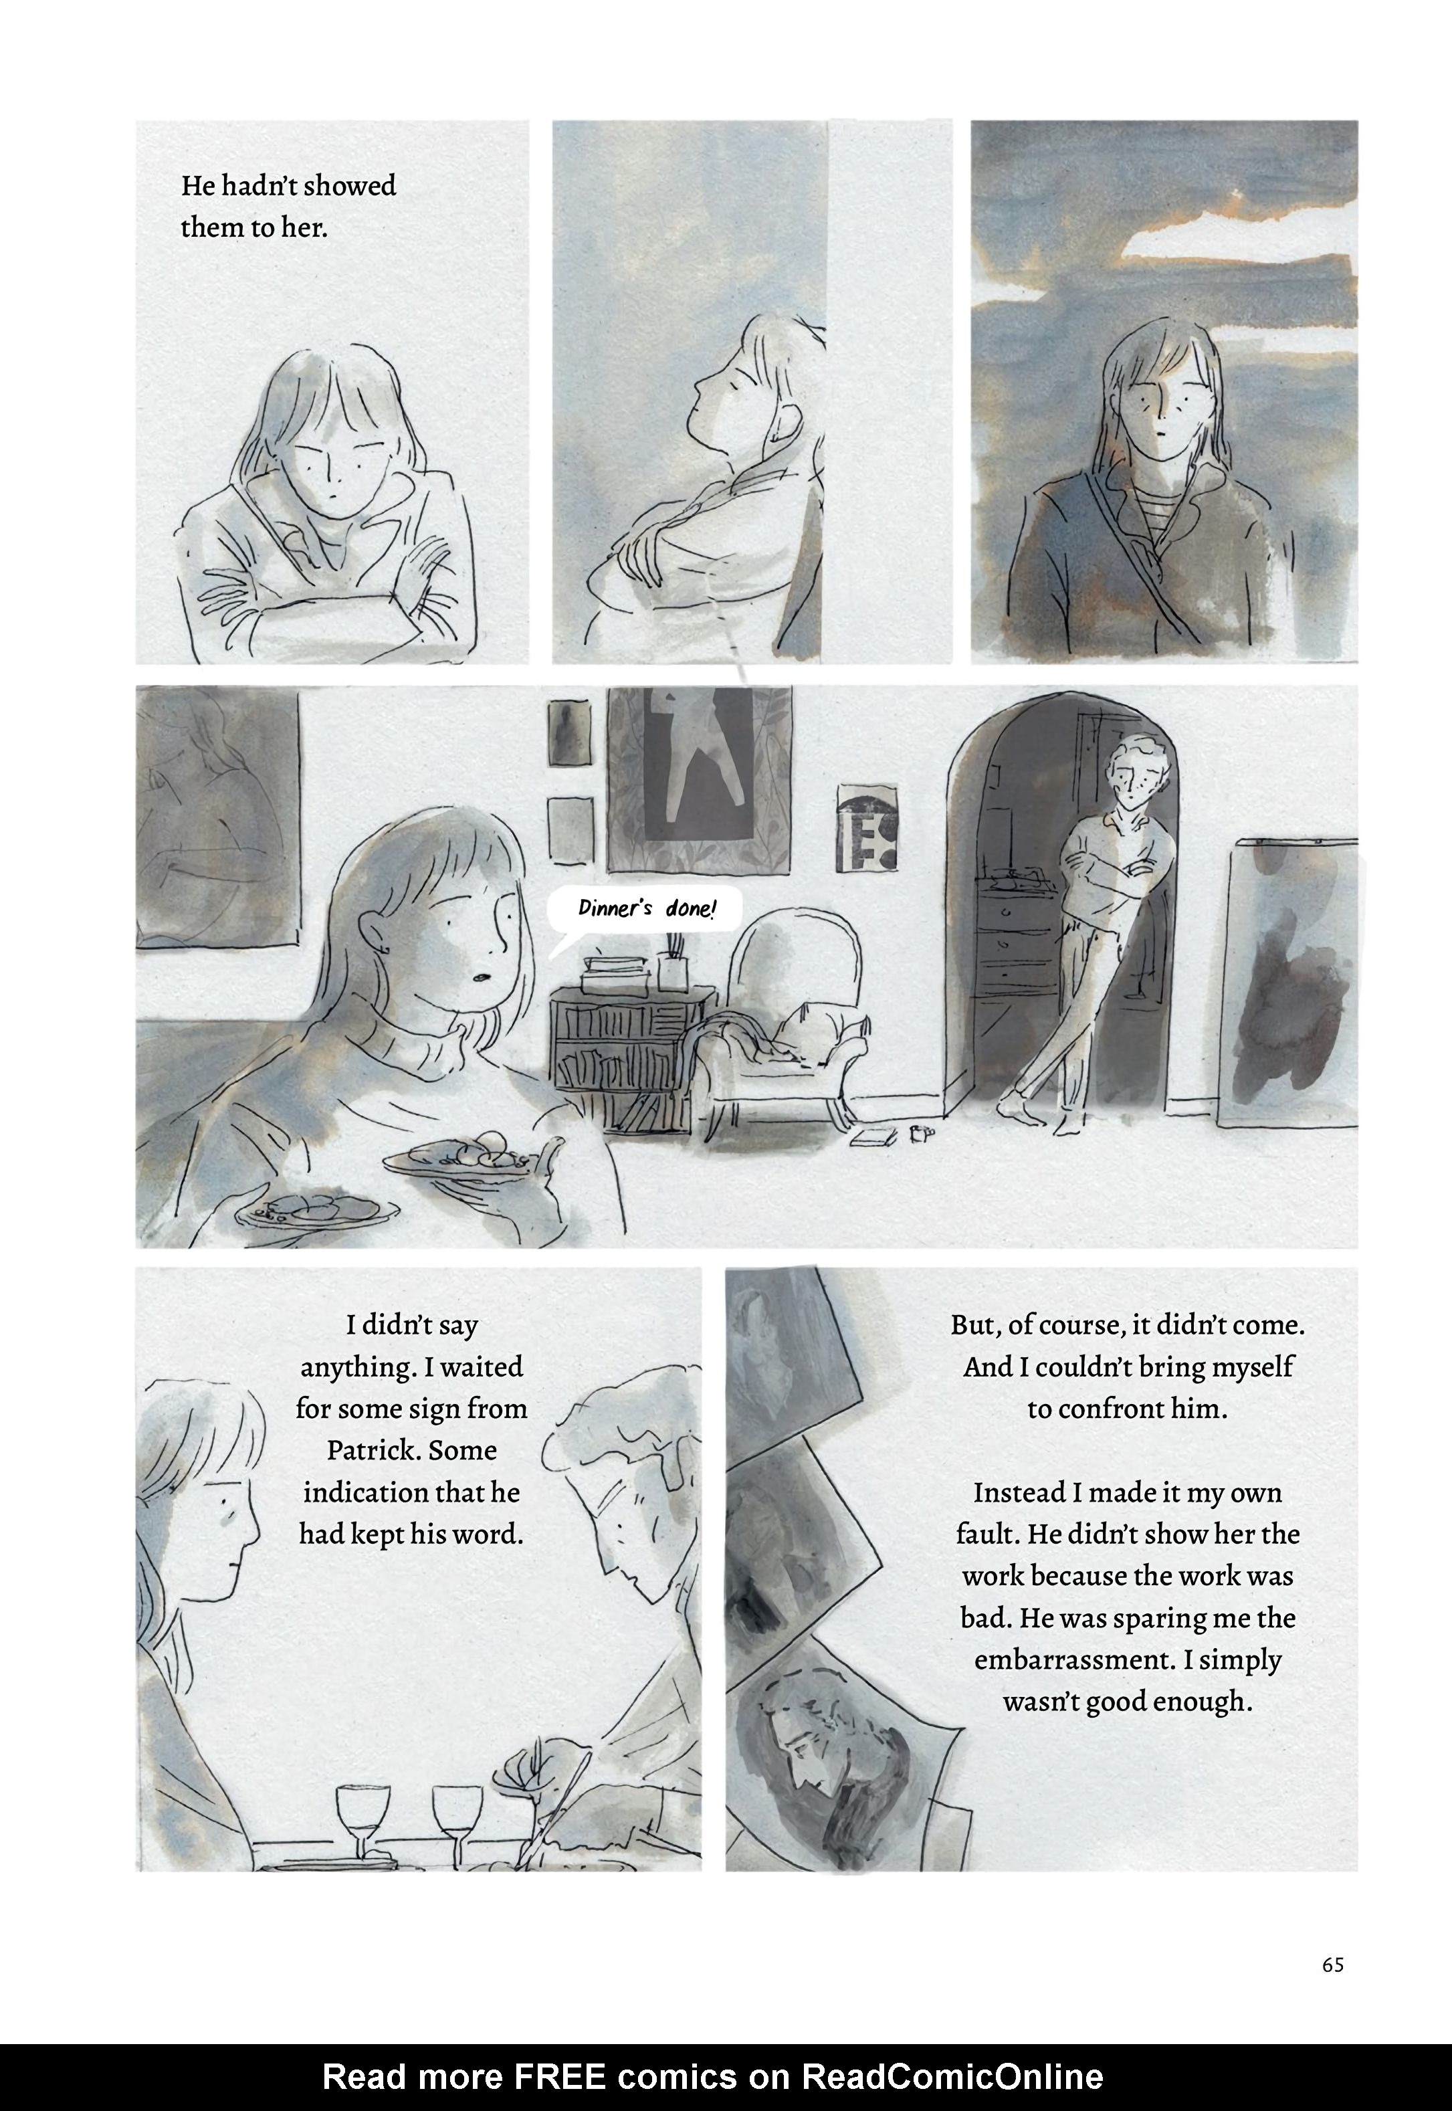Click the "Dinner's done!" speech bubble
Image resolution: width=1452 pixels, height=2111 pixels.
[644, 909]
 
